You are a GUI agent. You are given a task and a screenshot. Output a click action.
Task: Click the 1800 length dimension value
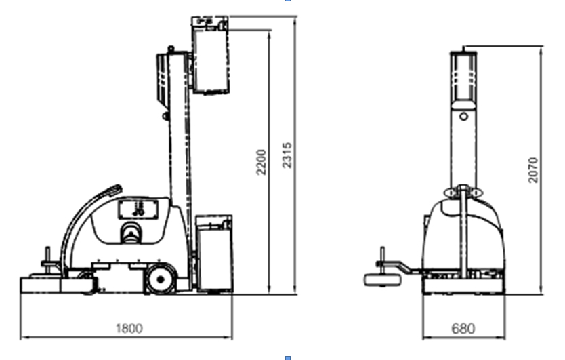point(129,328)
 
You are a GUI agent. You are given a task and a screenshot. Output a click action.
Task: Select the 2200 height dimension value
point(261,162)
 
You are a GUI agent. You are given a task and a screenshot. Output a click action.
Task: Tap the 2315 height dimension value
point(287,155)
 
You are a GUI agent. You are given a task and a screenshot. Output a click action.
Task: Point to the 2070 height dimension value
point(533,170)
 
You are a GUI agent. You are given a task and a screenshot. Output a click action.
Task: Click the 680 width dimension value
point(463,328)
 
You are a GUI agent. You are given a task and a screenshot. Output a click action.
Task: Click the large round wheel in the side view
point(161,279)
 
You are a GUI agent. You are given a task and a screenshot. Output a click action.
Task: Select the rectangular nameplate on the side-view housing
point(138,209)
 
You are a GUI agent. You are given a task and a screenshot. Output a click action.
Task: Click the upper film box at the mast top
point(210,55)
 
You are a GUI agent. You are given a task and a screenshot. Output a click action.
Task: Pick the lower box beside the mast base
point(214,254)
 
